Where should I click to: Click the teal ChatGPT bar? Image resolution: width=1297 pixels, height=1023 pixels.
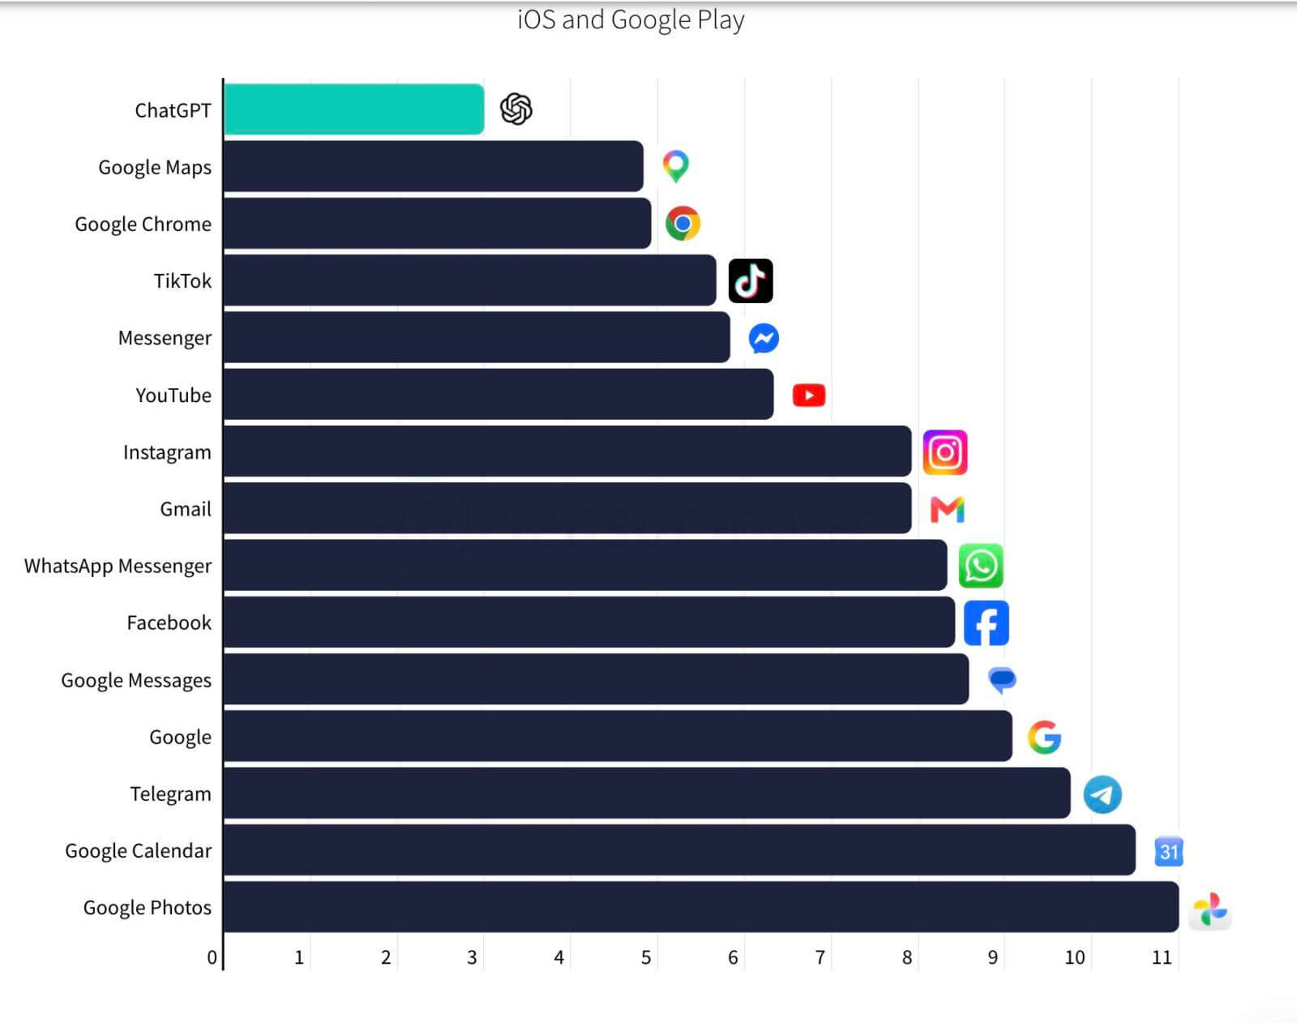[353, 109]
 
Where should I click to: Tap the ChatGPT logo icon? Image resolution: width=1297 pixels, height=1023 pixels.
[516, 109]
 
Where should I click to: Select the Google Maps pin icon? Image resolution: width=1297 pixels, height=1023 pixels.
[675, 166]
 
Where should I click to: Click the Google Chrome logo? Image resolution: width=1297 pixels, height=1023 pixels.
[683, 224]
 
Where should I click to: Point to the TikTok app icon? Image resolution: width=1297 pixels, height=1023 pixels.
[751, 281]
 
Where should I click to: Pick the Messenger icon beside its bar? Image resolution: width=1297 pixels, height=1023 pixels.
[764, 338]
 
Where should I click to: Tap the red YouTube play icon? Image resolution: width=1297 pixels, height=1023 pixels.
[809, 396]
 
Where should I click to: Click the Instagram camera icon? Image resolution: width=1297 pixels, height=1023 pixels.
[945, 452]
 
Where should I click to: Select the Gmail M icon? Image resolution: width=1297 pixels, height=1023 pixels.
[948, 509]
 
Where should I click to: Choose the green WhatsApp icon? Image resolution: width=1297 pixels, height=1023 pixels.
[981, 566]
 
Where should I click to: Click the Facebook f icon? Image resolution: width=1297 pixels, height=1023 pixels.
[986, 623]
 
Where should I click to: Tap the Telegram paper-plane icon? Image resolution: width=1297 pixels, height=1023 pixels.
[1102, 794]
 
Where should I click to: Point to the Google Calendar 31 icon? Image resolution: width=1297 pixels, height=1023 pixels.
[1169, 851]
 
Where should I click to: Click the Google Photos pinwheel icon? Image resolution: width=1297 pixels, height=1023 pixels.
[1209, 909]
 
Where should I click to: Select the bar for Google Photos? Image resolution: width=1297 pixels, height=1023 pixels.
[701, 906]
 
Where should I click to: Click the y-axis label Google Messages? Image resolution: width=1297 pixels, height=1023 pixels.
[136, 680]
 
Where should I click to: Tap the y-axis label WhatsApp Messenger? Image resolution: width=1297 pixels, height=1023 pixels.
[118, 566]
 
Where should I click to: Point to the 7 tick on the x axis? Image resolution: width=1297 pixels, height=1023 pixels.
[820, 957]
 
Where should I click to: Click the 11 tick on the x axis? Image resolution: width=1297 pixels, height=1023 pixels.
[1162, 957]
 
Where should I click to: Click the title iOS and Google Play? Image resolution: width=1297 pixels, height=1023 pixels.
[631, 20]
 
